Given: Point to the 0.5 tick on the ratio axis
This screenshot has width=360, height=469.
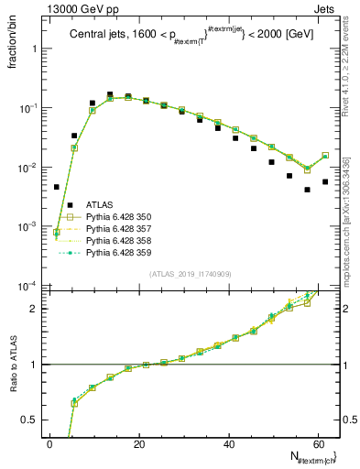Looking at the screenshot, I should coord(30,420).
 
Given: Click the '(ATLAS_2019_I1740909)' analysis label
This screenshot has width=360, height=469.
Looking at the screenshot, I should coord(191,274).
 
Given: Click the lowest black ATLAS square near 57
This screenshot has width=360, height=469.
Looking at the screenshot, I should coord(307,190).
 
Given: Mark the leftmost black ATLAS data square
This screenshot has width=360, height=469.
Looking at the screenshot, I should coord(57,187).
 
